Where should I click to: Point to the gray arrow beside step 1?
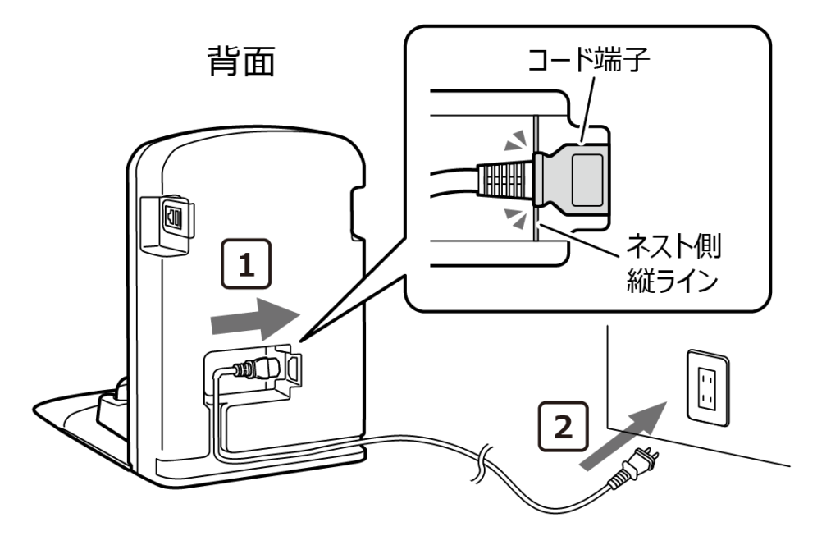253,318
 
